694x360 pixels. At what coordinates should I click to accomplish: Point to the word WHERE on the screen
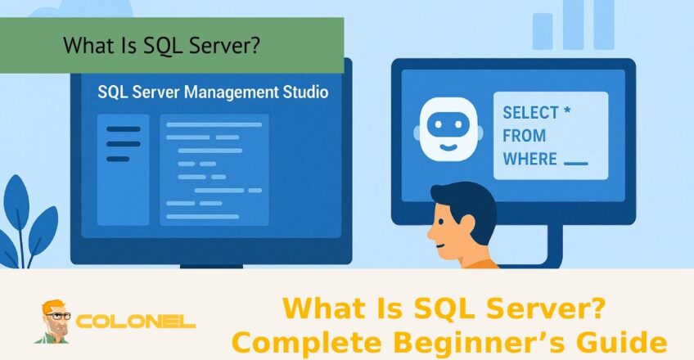pos(530,158)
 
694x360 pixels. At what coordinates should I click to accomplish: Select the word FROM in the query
pos(525,135)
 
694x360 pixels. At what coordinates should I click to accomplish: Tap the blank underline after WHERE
pos(576,163)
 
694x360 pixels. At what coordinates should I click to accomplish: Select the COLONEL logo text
pos(135,321)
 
